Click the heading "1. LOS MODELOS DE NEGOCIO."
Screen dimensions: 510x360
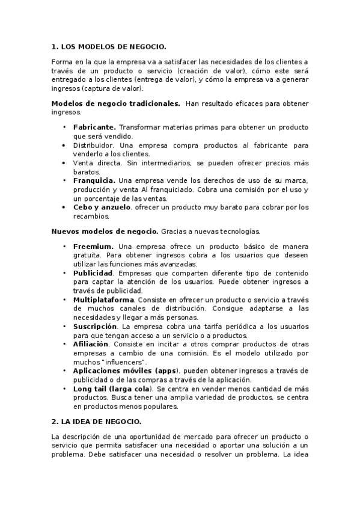[x=108, y=46]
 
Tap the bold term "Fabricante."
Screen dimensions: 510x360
[x=94, y=127]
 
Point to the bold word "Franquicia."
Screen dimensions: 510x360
[x=94, y=180]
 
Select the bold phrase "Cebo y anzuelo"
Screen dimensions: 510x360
[x=102, y=207]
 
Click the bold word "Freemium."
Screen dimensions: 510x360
[x=93, y=247]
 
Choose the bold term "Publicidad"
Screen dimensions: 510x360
[x=93, y=273]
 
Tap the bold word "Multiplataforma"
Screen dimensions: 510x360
[x=103, y=300]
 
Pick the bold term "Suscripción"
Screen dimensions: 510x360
[x=95, y=326]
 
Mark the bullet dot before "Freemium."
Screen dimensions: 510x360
[x=64, y=247]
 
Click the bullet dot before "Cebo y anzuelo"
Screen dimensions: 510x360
[x=64, y=207]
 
